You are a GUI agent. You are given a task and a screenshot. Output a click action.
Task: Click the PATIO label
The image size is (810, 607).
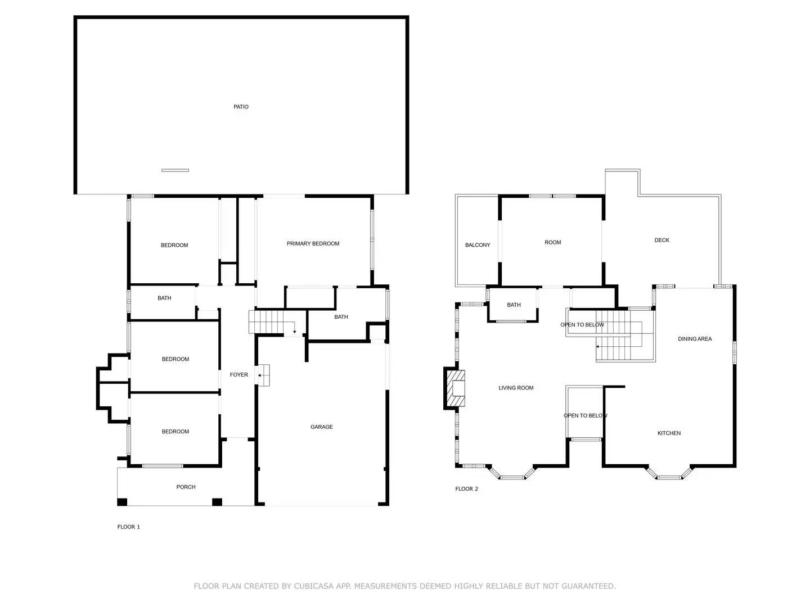point(241,107)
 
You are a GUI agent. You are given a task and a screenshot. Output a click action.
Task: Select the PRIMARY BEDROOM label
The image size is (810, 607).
point(313,243)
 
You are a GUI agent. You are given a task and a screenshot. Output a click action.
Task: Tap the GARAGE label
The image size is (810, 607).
point(321,427)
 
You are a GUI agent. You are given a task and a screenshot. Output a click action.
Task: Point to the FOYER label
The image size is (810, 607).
point(238,375)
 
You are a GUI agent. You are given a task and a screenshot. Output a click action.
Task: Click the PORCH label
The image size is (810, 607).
point(186,487)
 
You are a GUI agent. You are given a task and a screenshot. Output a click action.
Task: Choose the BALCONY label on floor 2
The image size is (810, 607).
point(478,245)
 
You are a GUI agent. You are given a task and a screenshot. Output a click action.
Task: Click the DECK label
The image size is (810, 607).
point(661,241)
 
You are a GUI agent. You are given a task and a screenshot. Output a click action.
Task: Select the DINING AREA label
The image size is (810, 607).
point(695,339)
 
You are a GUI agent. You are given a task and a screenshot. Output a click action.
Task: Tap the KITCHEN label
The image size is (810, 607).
point(669,433)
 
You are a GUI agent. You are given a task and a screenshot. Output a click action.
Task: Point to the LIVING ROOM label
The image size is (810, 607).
point(516,388)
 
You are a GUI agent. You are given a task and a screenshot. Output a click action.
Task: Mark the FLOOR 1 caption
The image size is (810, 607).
point(128,527)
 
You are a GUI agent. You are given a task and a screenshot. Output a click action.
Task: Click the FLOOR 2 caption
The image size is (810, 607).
point(466,489)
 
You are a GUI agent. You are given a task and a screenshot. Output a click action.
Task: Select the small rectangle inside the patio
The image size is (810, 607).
point(175,170)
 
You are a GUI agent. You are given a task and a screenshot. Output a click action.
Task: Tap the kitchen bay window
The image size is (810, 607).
point(669,475)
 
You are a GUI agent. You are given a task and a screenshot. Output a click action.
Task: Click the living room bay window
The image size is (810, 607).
point(511,475)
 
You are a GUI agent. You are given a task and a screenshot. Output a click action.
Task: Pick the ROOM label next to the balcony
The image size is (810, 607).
point(552,243)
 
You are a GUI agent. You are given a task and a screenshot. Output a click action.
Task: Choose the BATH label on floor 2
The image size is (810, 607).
point(514,305)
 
